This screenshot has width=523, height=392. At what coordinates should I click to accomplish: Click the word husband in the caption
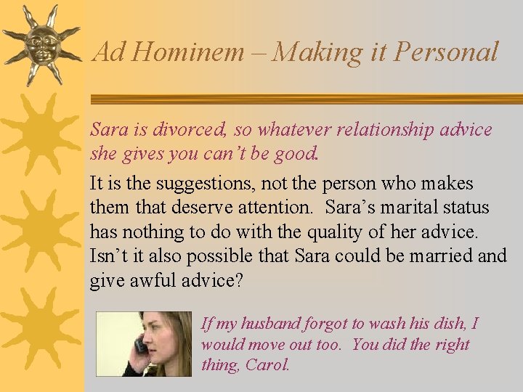269,324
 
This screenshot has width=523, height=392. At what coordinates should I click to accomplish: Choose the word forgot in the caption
328,324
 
